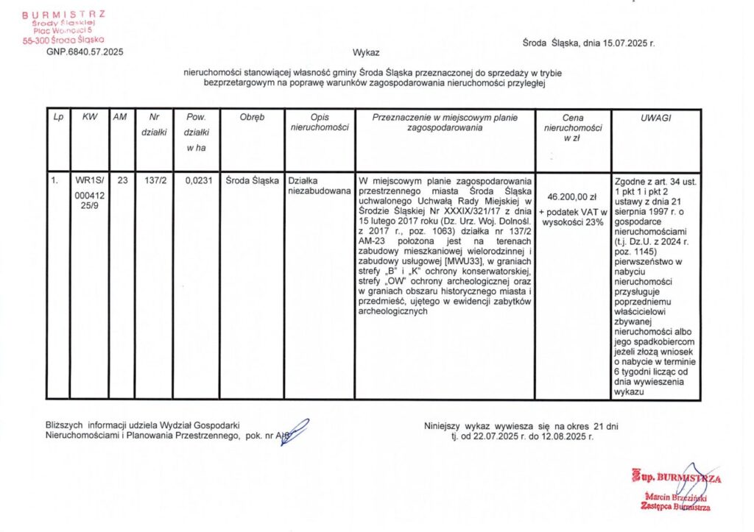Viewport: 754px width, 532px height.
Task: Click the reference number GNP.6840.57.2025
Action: pyautogui.click(x=85, y=52)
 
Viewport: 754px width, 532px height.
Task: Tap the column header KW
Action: pyautogui.click(x=90, y=117)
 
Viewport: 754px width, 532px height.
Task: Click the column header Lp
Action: pyautogui.click(x=58, y=117)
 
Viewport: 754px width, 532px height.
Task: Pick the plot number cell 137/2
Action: pyautogui.click(x=154, y=180)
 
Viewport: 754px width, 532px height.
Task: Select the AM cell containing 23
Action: pyautogui.click(x=121, y=180)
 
